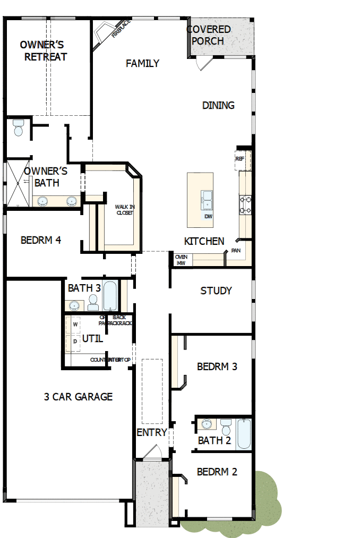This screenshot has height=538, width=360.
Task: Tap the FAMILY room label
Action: point(142,64)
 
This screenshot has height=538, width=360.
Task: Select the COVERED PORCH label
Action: point(209,35)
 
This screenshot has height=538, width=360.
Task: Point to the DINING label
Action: point(218,105)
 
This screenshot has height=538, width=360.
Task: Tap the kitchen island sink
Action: point(207,200)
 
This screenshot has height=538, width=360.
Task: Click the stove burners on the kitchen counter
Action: point(245,205)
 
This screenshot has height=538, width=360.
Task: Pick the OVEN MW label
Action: point(181,260)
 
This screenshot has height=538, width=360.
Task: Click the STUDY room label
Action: point(216,291)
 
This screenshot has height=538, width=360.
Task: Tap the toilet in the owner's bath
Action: point(19,128)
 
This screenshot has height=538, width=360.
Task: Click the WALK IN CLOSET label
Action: point(125,210)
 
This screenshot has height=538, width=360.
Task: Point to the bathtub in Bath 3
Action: point(110,296)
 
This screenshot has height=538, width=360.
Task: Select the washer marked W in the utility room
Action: point(75,324)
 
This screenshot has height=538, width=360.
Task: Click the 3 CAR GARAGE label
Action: point(78,396)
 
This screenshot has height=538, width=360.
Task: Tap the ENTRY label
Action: point(152,432)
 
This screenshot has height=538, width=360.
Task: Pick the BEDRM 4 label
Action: point(41,240)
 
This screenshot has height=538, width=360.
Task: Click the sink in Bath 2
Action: point(206,424)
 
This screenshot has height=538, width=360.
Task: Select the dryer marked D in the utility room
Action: point(75,341)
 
